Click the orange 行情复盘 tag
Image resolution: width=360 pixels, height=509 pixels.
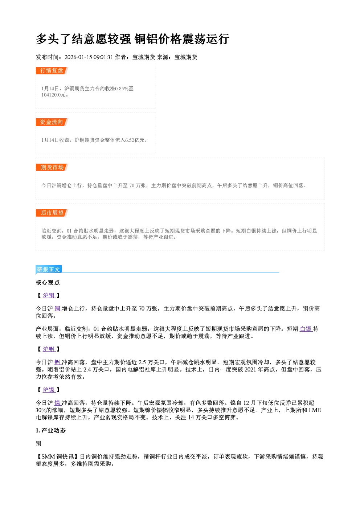tap(52, 70)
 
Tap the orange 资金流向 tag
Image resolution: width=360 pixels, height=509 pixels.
tap(52, 122)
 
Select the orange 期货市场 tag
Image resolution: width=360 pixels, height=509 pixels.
tap(52, 168)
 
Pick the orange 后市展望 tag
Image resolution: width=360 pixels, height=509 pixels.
tap(52, 213)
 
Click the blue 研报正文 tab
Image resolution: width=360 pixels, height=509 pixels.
tap(49, 270)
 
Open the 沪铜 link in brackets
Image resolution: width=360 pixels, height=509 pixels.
tap(49, 295)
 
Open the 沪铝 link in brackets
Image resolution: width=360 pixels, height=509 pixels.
tap(49, 349)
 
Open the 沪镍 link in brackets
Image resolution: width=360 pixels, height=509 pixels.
tap(49, 390)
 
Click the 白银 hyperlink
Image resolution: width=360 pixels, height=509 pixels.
tap(306, 329)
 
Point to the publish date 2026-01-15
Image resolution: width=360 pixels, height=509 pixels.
tap(78, 57)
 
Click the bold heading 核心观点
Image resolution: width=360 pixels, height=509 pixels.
tap(48, 283)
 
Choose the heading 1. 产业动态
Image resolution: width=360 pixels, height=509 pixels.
tap(51, 430)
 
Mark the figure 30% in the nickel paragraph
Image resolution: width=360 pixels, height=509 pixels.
tap(41, 410)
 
